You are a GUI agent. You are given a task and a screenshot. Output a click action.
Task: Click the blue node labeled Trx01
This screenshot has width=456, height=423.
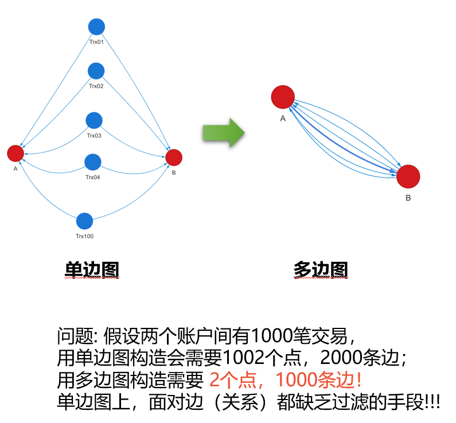pos(96,26)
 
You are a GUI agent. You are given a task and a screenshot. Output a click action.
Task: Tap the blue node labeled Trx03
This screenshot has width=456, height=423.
pos(94,120)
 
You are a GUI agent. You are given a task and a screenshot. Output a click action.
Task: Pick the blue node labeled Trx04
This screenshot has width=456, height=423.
pos(93,162)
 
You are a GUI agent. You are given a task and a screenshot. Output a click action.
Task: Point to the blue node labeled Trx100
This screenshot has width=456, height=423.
pos(84,221)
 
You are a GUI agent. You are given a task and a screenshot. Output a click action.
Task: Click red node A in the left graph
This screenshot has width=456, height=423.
pos(15,153)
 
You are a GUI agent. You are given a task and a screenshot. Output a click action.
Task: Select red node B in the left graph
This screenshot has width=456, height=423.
pos(174,157)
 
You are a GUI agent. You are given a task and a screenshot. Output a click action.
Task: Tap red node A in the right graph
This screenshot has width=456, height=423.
pos(283,96)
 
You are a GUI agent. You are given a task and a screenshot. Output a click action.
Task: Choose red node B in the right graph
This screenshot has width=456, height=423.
pos(408,176)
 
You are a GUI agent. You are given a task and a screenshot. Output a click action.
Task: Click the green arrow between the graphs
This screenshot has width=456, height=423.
pos(224,133)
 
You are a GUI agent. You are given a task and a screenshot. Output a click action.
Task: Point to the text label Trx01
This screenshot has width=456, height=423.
pos(96,42)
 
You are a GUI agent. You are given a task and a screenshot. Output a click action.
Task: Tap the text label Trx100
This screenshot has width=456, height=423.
pos(84,236)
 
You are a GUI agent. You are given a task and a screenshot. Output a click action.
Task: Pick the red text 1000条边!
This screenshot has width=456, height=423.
pos(319,380)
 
